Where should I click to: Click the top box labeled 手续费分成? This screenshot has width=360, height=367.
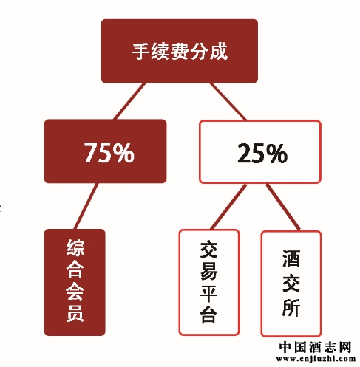click(180, 51)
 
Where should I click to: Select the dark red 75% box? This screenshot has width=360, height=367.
click(105, 151)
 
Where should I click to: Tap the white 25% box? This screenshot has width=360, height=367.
click(260, 152)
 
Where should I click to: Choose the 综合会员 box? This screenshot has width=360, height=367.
click(75, 282)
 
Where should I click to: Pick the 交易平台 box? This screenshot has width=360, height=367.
click(208, 283)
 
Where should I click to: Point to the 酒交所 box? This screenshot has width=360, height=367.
click(291, 284)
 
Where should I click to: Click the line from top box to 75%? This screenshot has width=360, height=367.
click(129, 101)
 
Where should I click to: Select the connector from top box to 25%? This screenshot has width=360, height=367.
click(228, 102)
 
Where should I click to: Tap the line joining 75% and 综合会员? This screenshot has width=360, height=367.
click(86, 206)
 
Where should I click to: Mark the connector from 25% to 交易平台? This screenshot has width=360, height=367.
click(228, 207)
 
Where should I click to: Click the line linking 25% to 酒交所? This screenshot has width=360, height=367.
click(283, 207)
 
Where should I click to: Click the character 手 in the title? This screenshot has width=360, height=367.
click(140, 51)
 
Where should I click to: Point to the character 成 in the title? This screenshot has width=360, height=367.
click(219, 51)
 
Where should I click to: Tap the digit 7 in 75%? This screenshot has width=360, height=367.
click(92, 153)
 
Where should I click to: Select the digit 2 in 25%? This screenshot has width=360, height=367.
click(245, 154)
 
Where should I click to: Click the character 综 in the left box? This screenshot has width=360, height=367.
click(75, 247)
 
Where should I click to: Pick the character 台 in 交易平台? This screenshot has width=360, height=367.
click(208, 315)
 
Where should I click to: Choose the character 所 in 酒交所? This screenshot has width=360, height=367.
click(291, 308)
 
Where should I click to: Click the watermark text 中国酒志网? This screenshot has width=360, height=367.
click(315, 348)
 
